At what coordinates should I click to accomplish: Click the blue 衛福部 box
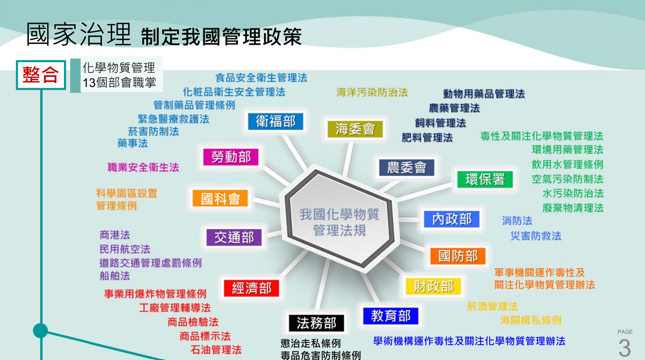(x=275, y=121)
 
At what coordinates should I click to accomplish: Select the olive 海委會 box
(x=355, y=129)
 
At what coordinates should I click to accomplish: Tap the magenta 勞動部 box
(x=231, y=157)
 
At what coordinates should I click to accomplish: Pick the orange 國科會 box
(x=220, y=198)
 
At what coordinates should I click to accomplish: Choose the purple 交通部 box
(x=234, y=237)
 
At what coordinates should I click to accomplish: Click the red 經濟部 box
(x=252, y=288)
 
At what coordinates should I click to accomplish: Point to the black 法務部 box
(x=316, y=323)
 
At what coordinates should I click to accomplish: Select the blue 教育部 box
(x=391, y=316)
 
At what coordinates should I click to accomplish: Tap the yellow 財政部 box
(x=433, y=286)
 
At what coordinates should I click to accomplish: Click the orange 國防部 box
(x=458, y=256)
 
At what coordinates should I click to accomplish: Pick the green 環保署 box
(x=485, y=180)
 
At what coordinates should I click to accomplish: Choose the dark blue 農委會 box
(x=407, y=168)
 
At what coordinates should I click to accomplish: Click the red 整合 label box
(x=41, y=75)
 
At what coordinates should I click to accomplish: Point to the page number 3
(x=624, y=348)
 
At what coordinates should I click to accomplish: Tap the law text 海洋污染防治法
(x=372, y=93)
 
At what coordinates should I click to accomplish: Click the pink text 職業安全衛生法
(x=143, y=168)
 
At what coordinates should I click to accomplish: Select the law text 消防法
(x=517, y=221)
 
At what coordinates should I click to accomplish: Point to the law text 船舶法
(x=115, y=276)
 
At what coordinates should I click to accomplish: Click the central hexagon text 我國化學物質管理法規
(x=339, y=222)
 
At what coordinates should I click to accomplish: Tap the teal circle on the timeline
(x=40, y=331)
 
